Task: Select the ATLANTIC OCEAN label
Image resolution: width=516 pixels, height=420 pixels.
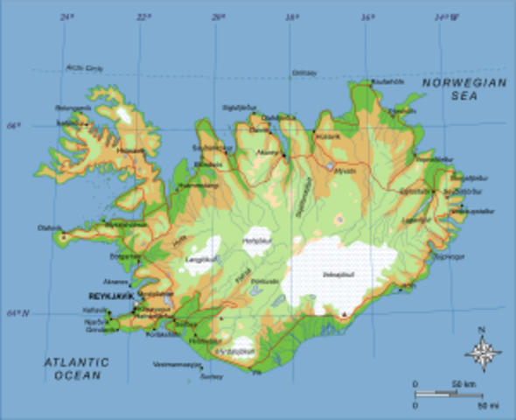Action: pyautogui.click(x=77, y=367)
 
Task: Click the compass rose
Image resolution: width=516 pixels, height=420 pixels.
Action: pyautogui.click(x=482, y=353)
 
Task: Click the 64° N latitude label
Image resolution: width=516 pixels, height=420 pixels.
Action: pyautogui.click(x=16, y=312)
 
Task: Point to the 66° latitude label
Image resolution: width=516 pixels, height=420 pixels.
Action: pyautogui.click(x=12, y=126)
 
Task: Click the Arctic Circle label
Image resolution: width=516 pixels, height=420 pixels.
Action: pyautogui.click(x=84, y=68)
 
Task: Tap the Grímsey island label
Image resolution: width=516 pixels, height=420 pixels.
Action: pyautogui.click(x=303, y=72)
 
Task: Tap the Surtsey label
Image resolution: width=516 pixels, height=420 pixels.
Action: pyautogui.click(x=211, y=377)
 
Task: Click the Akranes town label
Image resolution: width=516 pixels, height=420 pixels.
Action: pyautogui.click(x=115, y=282)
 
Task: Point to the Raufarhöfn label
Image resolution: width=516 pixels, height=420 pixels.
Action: pyautogui.click(x=387, y=81)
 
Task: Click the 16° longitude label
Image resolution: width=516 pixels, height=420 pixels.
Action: pyautogui.click(x=368, y=16)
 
